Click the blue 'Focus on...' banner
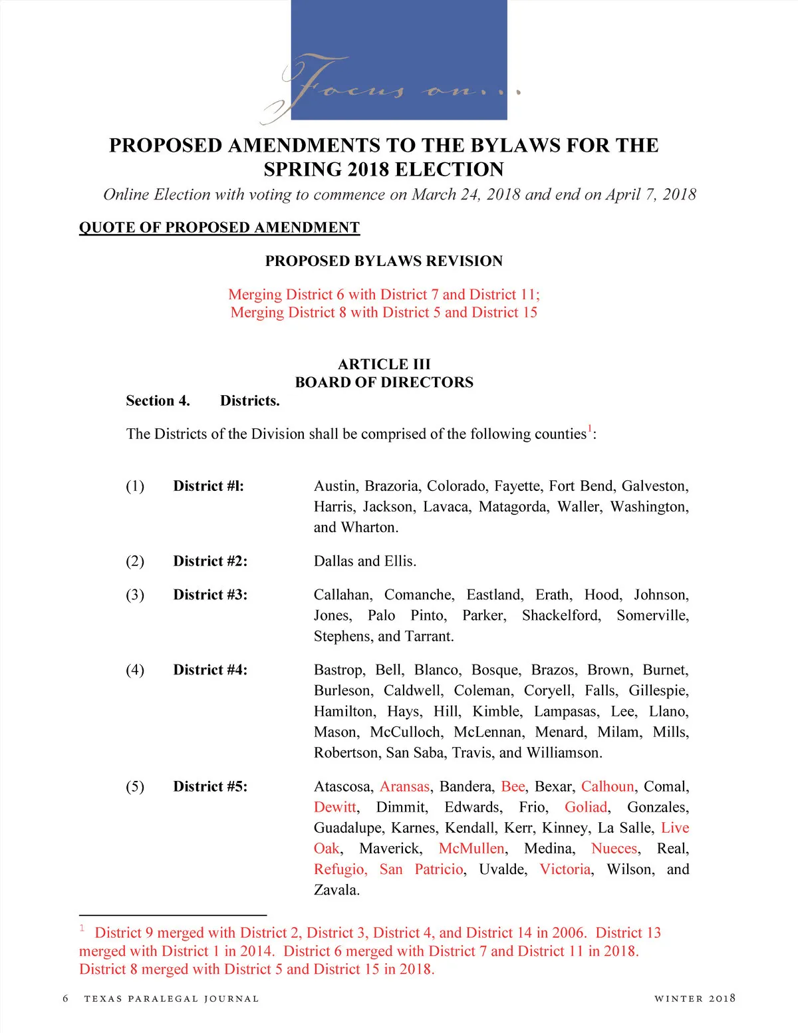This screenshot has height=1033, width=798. tap(399, 60)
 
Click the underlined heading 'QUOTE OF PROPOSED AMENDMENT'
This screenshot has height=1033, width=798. tap(219, 227)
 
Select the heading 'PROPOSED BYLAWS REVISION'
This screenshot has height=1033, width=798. tap(384, 261)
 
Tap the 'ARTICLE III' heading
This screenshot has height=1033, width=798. tap(384, 364)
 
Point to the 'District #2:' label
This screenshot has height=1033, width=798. tap(210, 561)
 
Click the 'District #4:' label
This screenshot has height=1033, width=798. tap(210, 670)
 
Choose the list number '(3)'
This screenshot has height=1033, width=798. tap(135, 595)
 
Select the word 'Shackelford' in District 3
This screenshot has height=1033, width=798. tap(561, 615)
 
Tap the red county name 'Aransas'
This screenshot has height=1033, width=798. tap(404, 786)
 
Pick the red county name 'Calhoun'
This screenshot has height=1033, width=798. tap(607, 786)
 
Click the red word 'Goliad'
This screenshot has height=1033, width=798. tap(586, 807)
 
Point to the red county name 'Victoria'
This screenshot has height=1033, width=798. tap(565, 869)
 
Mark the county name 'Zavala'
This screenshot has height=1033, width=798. tap(336, 890)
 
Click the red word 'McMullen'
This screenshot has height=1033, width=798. tap(471, 849)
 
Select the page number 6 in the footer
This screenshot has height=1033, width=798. tap(65, 998)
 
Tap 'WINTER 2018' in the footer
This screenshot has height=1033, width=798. tap(694, 998)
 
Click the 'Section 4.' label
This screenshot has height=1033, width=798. tap(158, 400)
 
